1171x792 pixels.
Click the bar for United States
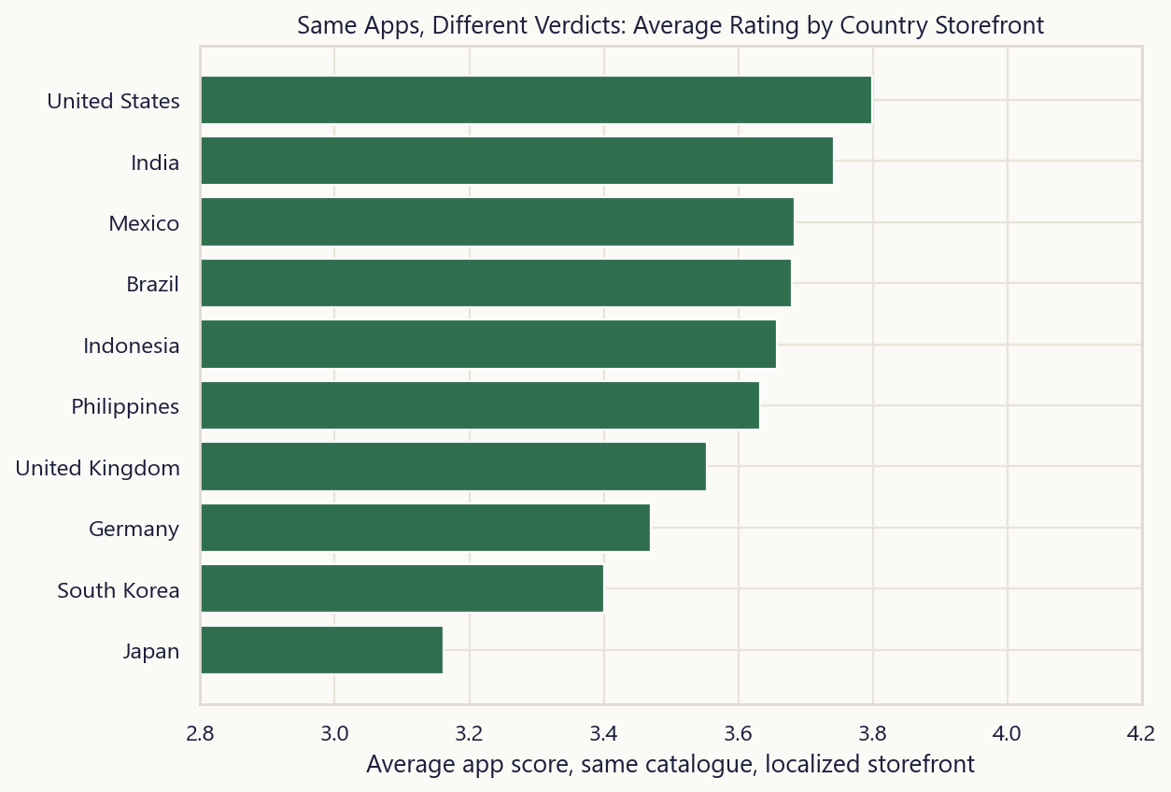pos(536,100)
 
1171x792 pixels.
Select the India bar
pos(517,161)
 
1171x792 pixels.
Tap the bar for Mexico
pos(498,221)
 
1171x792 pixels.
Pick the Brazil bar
pos(496,283)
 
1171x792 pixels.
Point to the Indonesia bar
pos(488,344)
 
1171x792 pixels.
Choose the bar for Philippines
pos(480,405)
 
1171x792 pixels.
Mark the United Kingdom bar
pos(454,466)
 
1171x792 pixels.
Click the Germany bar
pos(426,528)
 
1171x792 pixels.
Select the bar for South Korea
pos(402,588)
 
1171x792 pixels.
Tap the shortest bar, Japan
pos(322,650)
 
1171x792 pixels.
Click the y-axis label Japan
pos(151,652)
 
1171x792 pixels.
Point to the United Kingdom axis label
pos(98,468)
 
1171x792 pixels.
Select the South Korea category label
pos(119,590)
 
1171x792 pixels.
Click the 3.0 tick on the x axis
pos(334,734)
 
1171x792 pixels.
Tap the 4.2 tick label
pos(1141,734)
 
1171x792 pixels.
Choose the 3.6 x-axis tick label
pos(738,734)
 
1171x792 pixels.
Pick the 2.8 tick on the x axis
pos(200,734)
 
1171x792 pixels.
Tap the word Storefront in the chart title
pos(990,25)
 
